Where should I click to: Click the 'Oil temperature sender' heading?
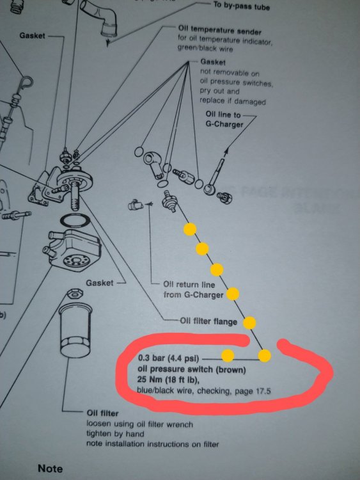point(219,30)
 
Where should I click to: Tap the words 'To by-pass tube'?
point(242,6)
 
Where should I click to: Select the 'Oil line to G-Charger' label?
point(224,120)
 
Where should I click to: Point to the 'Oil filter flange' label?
point(208,321)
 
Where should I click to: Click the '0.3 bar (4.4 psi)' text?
point(169,358)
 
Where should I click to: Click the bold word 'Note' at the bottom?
point(50,468)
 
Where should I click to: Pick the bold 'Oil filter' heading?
point(102,413)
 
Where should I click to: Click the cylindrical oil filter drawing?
point(75,330)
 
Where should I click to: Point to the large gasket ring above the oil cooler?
point(75,221)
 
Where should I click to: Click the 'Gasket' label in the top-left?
point(32,35)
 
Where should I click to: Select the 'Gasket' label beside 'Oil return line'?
point(99,282)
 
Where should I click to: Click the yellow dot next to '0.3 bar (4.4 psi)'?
point(228,356)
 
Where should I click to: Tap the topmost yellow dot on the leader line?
point(190,229)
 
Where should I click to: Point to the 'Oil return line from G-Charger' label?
point(193,289)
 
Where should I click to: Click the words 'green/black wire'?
point(205,49)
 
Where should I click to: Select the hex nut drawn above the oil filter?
point(75,293)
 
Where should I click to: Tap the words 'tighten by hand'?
point(115,434)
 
